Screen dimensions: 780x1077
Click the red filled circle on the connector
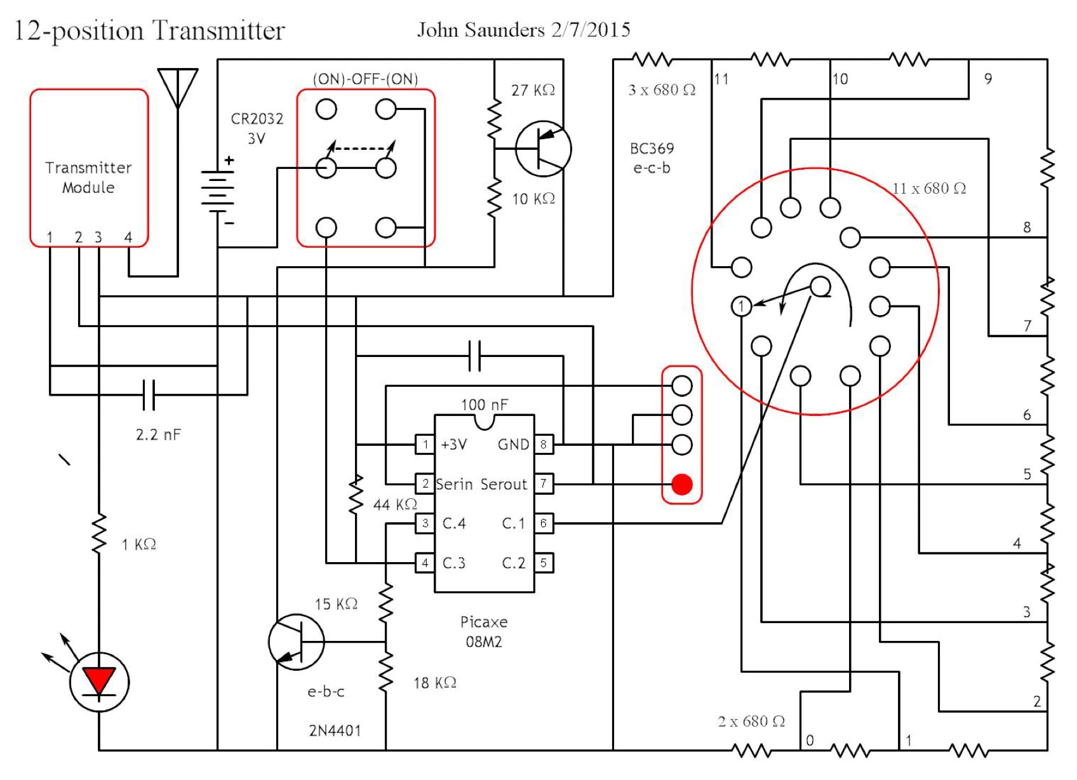tap(681, 485)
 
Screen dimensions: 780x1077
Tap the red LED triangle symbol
tap(99, 680)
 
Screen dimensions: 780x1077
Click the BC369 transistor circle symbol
tap(544, 149)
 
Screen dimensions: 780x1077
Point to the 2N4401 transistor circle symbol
tap(297, 642)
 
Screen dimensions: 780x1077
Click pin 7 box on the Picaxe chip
tap(544, 483)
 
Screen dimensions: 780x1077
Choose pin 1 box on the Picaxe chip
tap(425, 444)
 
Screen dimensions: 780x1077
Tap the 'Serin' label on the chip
tap(455, 484)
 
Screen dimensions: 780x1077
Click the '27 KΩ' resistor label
tap(533, 90)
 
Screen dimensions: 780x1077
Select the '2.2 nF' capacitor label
tap(158, 434)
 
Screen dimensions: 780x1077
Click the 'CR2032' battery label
tap(257, 119)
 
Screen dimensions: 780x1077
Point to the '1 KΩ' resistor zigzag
tap(99, 534)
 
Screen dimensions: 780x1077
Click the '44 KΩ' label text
tap(395, 504)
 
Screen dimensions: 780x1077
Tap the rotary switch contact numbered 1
tap(741, 306)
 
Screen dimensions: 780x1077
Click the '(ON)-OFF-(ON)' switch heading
tap(365, 79)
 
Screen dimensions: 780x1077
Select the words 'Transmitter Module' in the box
tap(88, 177)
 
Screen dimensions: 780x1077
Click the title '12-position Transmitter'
tap(150, 30)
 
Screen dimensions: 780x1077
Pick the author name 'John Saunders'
tap(481, 30)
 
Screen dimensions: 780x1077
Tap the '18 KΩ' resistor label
tap(435, 683)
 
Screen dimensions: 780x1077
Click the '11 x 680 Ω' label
tap(929, 188)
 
